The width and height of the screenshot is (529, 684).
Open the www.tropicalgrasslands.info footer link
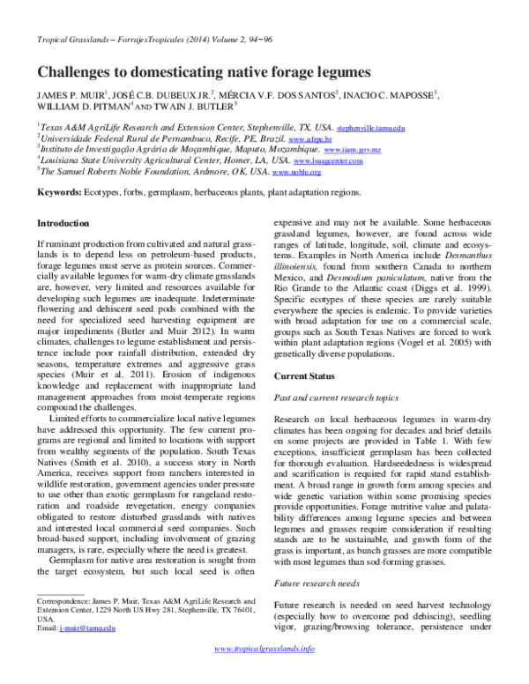coord(264,673)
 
